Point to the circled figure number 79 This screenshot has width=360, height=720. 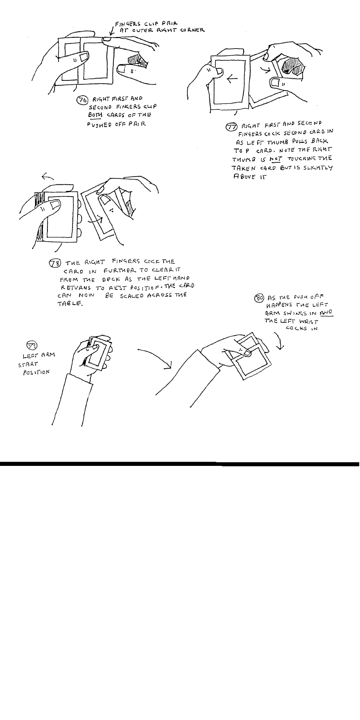click(x=31, y=345)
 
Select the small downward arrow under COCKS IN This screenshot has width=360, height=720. click(x=279, y=342)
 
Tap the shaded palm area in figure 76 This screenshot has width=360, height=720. click(x=139, y=61)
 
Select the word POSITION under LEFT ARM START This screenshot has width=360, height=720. click(x=36, y=371)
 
